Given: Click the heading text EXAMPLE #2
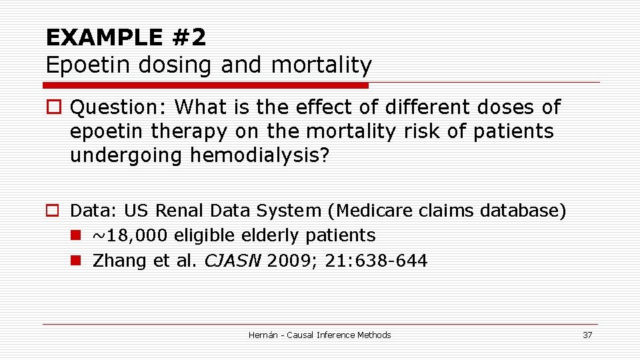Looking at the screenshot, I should [x=126, y=37].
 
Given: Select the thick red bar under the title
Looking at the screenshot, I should [x=205, y=85].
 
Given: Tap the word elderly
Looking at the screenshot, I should [x=267, y=236].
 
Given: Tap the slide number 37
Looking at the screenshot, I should [x=587, y=335].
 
